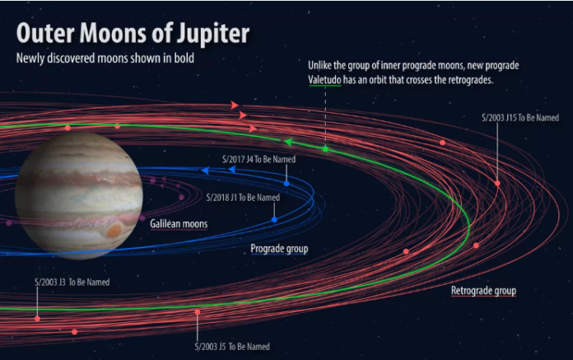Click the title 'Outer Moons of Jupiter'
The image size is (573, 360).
(x=133, y=34)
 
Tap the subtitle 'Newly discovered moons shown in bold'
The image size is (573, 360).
(x=105, y=58)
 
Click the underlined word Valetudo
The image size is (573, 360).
(x=324, y=80)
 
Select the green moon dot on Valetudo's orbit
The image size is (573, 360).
(x=325, y=149)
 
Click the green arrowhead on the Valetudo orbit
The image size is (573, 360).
(x=289, y=142)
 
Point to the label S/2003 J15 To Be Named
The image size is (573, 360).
(x=520, y=118)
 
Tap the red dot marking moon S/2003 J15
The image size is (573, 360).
(x=497, y=183)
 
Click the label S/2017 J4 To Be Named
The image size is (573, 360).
(x=259, y=159)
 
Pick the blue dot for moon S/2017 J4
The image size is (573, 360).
(x=286, y=184)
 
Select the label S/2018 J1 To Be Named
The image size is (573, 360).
(x=243, y=198)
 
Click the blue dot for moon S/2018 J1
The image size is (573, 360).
(x=274, y=220)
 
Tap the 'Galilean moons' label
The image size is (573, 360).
(x=179, y=224)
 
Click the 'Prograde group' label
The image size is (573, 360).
(x=279, y=249)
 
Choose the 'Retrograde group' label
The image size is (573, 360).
(x=483, y=291)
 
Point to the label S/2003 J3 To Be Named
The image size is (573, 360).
(x=72, y=283)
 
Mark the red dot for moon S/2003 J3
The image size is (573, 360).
(x=37, y=319)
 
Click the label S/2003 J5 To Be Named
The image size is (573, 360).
(x=232, y=347)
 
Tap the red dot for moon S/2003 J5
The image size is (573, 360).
(x=198, y=311)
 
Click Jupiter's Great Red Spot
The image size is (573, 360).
(x=114, y=231)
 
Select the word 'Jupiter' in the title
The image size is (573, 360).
(x=213, y=34)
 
